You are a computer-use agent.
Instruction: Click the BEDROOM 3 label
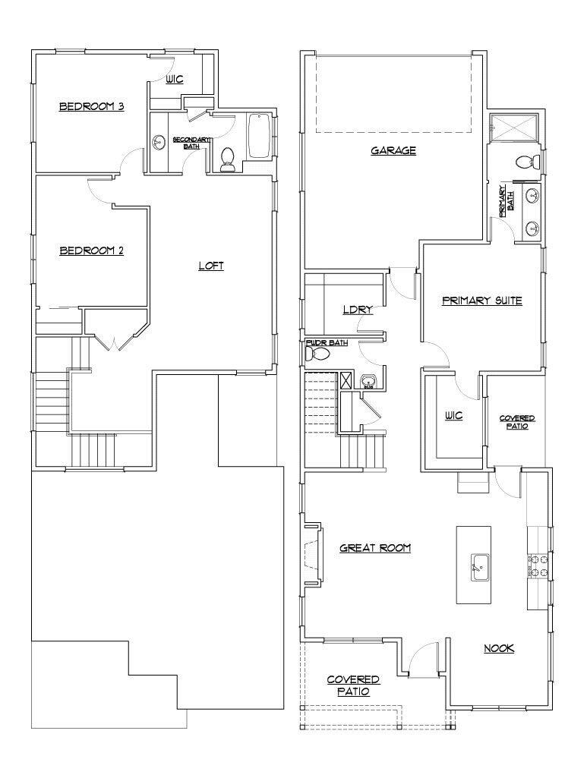92,107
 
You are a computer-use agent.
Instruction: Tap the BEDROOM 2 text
92,250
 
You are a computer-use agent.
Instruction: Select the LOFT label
211,266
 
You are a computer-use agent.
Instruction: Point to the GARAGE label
393,150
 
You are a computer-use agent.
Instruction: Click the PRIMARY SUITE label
481,301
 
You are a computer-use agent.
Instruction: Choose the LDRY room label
355,310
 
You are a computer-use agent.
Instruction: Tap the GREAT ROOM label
375,547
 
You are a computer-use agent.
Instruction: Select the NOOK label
499,648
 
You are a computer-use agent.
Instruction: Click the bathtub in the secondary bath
259,136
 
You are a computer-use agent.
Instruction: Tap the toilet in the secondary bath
226,159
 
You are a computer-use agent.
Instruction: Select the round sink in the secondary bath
159,143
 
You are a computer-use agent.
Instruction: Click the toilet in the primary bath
525,162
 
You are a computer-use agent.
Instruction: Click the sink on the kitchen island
478,566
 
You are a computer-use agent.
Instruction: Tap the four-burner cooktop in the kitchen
538,565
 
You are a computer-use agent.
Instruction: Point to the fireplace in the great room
313,556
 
